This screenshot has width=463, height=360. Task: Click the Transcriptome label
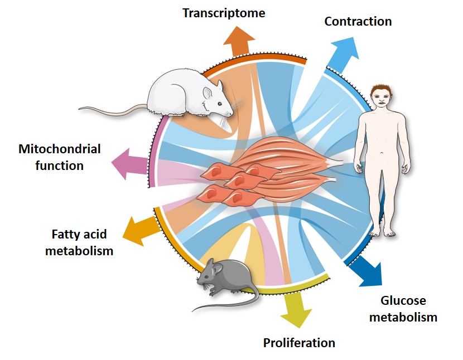coord(224,12)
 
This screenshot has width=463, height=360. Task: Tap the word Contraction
coord(358,22)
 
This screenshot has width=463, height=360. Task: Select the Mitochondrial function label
coord(59,157)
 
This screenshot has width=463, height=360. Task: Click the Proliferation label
coord(299,342)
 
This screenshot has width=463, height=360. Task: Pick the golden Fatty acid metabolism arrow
coord(139,228)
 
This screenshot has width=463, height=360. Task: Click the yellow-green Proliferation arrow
coord(296,310)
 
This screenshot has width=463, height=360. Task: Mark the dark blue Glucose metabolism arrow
coord(368,270)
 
